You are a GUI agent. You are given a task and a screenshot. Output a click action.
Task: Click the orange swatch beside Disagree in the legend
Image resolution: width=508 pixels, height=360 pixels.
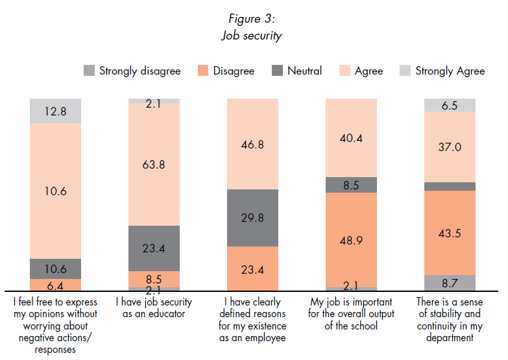pyautogui.click(x=202, y=71)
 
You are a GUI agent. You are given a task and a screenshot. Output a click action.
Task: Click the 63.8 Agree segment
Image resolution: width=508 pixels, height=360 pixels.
pyautogui.click(x=154, y=165)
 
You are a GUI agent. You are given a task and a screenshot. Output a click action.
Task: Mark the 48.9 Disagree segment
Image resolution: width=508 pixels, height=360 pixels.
pyautogui.click(x=350, y=240)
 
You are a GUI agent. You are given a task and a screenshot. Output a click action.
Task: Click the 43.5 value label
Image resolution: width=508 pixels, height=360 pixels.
pyautogui.click(x=450, y=233)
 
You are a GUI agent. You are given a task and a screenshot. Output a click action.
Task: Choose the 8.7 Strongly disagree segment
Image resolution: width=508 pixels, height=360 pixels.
pyautogui.click(x=450, y=283)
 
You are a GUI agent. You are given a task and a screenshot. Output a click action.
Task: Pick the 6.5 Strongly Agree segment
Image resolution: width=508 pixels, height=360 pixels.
pyautogui.click(x=450, y=105)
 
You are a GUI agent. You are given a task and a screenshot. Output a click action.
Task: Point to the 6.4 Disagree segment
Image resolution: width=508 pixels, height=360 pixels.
pyautogui.click(x=55, y=284)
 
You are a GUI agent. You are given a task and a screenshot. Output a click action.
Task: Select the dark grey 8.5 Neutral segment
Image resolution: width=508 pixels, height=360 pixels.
pyautogui.click(x=350, y=185)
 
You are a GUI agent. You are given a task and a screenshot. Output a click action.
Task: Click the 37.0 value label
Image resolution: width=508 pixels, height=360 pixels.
pyautogui.click(x=450, y=147)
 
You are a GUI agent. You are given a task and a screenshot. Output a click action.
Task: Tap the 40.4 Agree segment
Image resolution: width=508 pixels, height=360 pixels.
pyautogui.click(x=350, y=138)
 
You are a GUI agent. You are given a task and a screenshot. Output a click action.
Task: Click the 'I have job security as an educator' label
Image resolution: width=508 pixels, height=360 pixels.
pyautogui.click(x=154, y=308)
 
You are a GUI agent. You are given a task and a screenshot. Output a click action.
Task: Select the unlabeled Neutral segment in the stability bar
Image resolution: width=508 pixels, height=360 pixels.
pyautogui.click(x=450, y=186)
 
